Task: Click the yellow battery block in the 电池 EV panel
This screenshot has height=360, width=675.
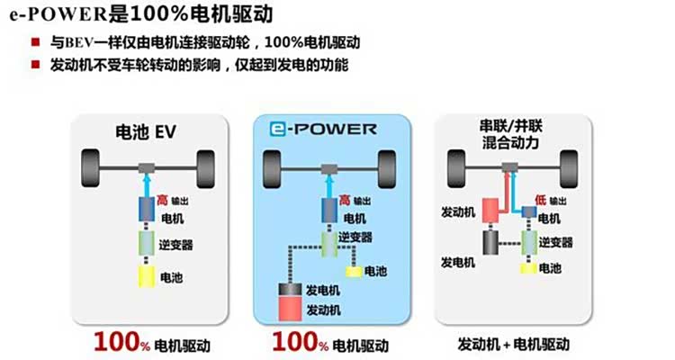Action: (x=146, y=276)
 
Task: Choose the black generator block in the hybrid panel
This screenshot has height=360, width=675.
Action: (x=491, y=242)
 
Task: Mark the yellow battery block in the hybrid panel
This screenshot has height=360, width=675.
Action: (x=530, y=268)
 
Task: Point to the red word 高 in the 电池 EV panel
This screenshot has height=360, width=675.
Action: (x=162, y=198)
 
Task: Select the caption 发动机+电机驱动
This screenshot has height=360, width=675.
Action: (x=514, y=344)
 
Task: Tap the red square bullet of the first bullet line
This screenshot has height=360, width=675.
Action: (x=34, y=43)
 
